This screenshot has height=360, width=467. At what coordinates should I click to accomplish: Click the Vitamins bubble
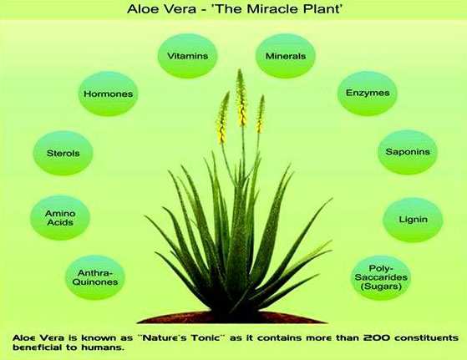[187, 56]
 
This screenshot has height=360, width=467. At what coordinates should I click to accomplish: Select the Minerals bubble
[286, 56]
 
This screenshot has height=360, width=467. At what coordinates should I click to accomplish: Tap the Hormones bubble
[108, 94]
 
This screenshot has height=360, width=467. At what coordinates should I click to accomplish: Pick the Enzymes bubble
[368, 94]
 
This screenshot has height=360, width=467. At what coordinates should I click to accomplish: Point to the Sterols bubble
[63, 153]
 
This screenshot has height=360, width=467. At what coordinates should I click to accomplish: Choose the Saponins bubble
[408, 152]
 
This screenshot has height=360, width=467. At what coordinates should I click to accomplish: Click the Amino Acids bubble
[60, 218]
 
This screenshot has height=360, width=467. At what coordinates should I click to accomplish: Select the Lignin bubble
[413, 220]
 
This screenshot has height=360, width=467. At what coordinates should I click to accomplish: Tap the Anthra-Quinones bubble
[95, 277]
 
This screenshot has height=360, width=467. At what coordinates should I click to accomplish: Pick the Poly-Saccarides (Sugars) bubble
[381, 277]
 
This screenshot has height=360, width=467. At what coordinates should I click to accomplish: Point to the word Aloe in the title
[142, 9]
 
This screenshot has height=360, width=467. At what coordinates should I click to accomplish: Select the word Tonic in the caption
[207, 338]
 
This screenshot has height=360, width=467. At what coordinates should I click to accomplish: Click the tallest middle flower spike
[241, 99]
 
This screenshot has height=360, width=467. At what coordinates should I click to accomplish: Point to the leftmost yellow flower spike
[223, 118]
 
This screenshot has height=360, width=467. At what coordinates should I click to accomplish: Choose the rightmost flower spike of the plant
[261, 114]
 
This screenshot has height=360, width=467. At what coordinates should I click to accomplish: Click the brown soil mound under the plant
[232, 317]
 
